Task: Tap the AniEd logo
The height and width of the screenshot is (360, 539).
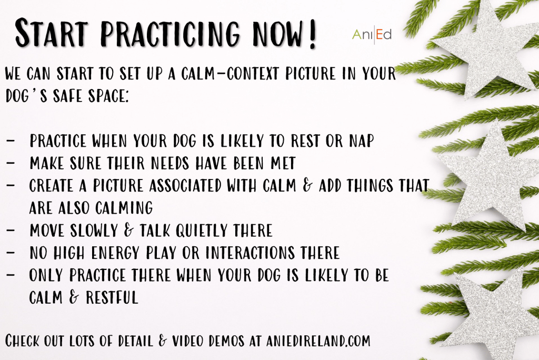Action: [x=372, y=34]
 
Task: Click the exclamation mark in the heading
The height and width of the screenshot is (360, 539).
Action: [x=312, y=34]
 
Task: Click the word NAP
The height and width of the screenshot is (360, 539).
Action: [x=362, y=141]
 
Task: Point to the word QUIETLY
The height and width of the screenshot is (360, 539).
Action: [x=202, y=231]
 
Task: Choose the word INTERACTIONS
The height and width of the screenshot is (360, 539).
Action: [x=250, y=253]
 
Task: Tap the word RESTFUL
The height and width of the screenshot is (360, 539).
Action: [x=112, y=297]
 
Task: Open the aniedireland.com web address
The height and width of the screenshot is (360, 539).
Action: [x=318, y=341]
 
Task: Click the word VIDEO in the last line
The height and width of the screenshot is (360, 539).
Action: [x=188, y=341]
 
